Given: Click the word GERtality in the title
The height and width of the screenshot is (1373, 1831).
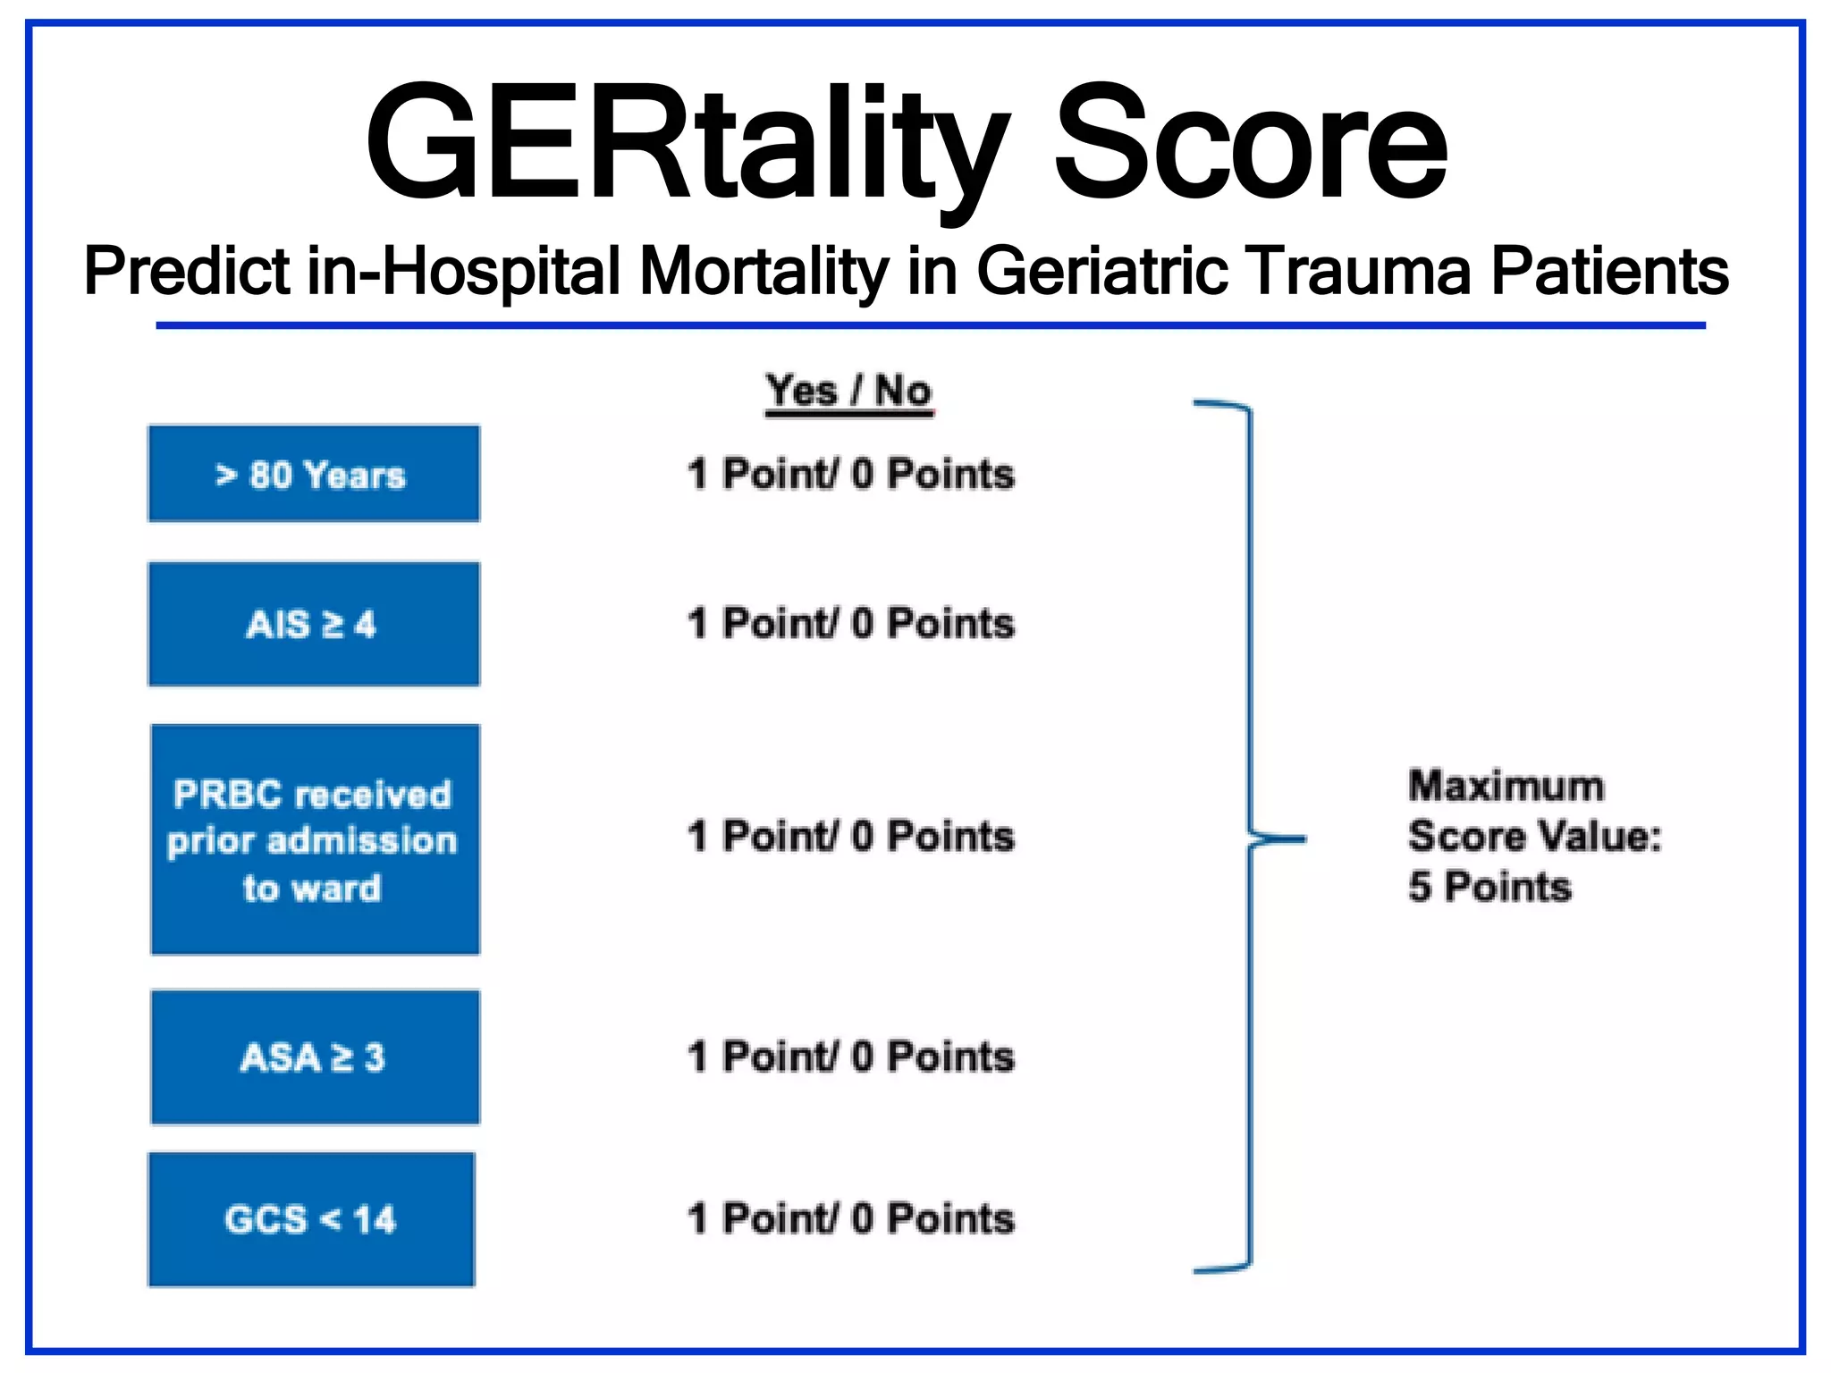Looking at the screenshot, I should click(688, 143).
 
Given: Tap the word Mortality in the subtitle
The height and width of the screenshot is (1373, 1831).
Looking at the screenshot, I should click(764, 271).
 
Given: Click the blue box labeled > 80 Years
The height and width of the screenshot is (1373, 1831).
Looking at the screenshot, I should click(313, 474).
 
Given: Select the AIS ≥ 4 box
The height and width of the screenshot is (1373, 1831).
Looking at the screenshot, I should click(313, 624).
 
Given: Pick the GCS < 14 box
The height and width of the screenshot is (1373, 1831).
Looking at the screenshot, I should click(311, 1219).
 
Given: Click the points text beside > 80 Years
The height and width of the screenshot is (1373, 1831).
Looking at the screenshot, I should click(851, 474).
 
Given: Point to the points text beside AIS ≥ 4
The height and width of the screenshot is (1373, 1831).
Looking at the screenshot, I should click(851, 623).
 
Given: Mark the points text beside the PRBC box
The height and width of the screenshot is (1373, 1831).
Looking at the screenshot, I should click(851, 837).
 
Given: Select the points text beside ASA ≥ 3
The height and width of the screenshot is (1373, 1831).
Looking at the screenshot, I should click(851, 1057).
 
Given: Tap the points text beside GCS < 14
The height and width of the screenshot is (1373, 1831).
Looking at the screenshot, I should click(851, 1218).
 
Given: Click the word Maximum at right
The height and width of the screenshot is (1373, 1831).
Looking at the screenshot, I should click(1506, 787).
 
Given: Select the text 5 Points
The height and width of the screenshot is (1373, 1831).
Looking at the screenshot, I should click(1489, 887).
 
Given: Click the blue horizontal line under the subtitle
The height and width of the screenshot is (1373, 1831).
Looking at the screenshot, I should click(930, 325).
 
